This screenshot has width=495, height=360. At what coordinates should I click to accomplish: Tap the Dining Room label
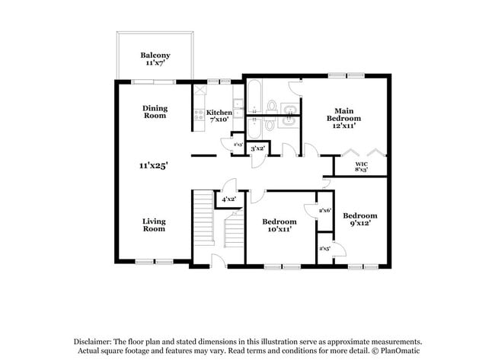(x=155, y=113)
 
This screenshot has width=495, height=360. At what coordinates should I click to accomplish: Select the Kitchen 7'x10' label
(x=219, y=116)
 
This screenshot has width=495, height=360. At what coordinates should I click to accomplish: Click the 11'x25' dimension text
(x=153, y=164)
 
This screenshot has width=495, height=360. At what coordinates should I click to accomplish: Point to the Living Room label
(x=154, y=225)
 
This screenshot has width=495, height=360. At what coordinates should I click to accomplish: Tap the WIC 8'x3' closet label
(x=362, y=167)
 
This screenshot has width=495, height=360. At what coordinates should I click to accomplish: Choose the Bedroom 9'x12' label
(x=359, y=220)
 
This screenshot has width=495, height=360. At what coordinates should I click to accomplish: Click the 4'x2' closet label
(x=228, y=199)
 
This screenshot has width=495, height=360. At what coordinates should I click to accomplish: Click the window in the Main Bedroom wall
(x=345, y=75)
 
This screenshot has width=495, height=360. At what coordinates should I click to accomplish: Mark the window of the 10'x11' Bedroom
(x=282, y=267)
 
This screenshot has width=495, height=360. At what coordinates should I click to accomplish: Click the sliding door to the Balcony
(x=155, y=81)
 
